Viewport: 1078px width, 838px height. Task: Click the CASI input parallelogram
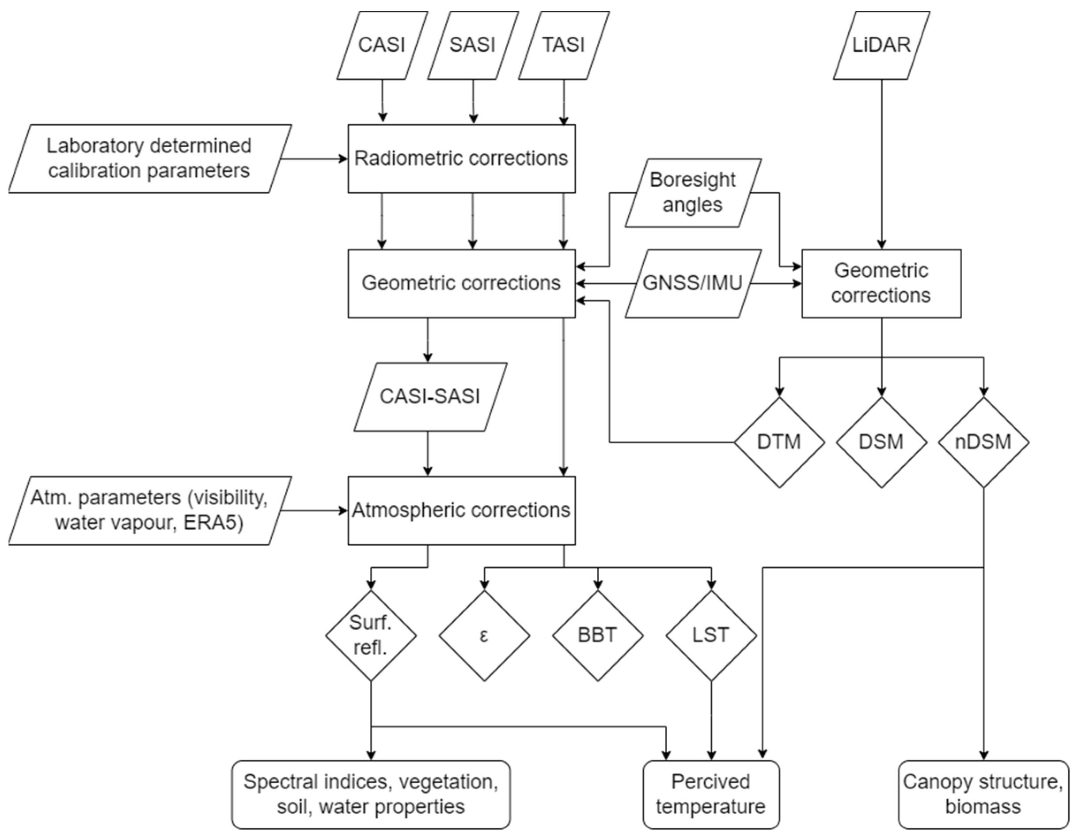point(382,45)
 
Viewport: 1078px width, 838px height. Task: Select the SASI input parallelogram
point(472,45)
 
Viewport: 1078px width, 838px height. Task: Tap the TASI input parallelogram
point(563,45)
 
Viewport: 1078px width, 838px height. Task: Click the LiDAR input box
point(881,45)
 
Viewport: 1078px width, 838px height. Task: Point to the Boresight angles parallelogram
point(692,193)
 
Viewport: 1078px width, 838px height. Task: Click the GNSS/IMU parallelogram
point(692,283)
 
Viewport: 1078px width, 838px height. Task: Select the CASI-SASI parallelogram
point(430,397)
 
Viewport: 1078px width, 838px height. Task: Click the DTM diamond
point(779,442)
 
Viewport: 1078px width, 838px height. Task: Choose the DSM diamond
point(881,442)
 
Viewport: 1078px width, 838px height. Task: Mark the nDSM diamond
point(983,442)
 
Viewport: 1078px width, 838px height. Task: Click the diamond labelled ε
point(484,636)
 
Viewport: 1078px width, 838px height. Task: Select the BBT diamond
point(598,636)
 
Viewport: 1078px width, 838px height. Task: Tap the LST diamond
point(711,636)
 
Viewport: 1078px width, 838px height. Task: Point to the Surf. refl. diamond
point(371,636)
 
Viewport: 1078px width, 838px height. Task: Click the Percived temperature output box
point(711,794)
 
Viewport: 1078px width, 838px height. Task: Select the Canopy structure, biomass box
point(983,794)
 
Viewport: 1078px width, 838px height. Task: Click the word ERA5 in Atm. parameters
point(214,523)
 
